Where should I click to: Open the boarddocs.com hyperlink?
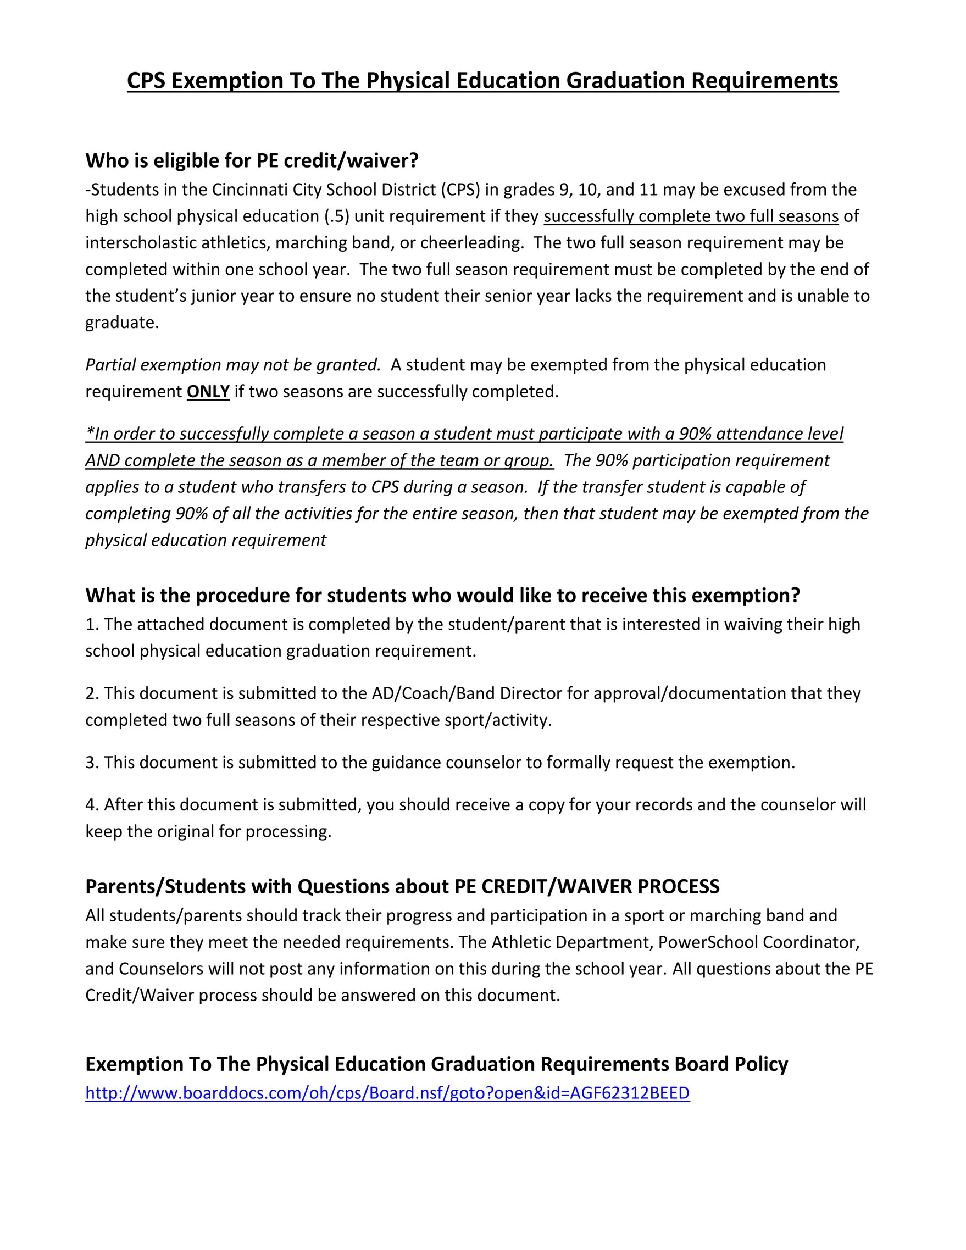click(x=387, y=1093)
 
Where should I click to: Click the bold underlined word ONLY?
click(x=208, y=391)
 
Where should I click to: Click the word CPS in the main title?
click(x=147, y=81)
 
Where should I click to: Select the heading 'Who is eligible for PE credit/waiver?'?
click(x=252, y=161)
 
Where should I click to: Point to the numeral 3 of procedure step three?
click(x=91, y=763)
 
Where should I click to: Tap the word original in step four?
click(x=185, y=832)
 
